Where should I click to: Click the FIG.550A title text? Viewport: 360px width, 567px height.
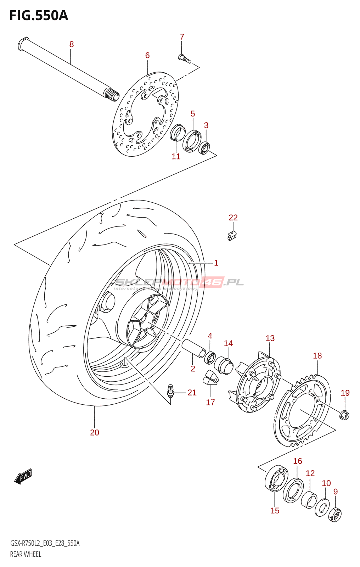tap(39, 16)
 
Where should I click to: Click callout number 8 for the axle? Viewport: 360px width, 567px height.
tap(72, 44)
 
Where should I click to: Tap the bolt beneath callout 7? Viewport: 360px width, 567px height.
tap(184, 59)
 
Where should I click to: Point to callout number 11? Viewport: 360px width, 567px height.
tap(176, 156)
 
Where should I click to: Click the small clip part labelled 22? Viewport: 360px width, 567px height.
tap(232, 236)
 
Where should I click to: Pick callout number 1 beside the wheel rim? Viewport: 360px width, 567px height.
tap(216, 263)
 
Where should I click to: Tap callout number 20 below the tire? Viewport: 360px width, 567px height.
tap(95, 432)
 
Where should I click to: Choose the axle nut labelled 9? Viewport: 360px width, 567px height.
tap(335, 514)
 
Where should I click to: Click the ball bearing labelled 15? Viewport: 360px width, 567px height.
tap(276, 479)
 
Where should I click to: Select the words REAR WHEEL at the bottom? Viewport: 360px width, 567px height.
tap(26, 554)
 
